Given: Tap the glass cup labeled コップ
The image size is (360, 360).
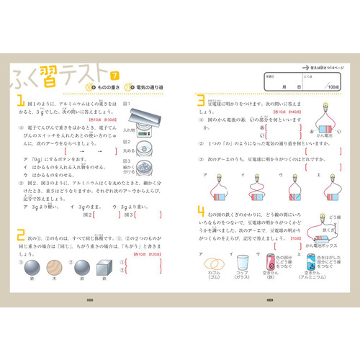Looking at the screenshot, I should [245, 265].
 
